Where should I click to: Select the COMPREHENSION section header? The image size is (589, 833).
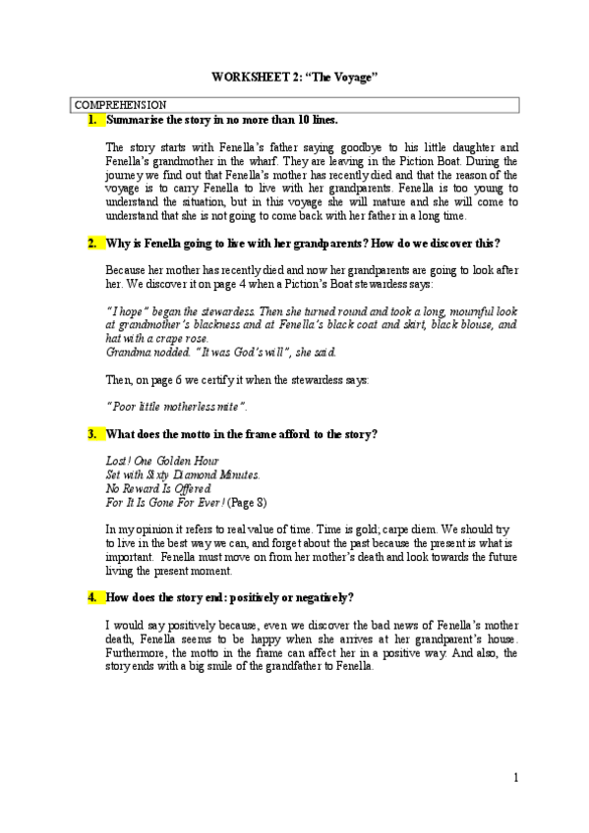(121, 103)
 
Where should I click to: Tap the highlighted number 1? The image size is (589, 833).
(93, 120)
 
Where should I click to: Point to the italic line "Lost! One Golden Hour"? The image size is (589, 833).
(162, 461)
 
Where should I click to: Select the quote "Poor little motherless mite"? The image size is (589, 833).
(177, 406)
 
